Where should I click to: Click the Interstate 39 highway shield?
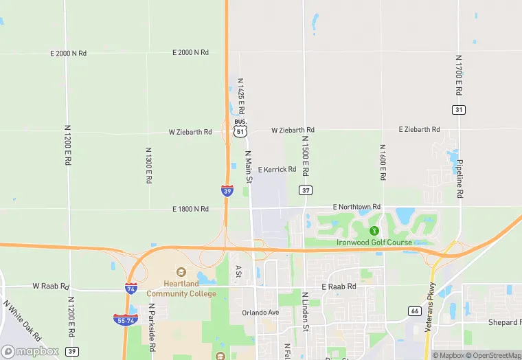tap(227, 190)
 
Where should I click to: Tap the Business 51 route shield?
tap(240, 128)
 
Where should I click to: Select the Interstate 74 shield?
tap(130, 289)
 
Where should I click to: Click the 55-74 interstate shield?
tap(126, 319)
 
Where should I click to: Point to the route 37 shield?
tap(306, 190)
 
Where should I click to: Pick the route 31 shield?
tap(459, 110)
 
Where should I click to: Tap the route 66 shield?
tap(414, 311)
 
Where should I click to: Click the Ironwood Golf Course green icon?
tap(374, 230)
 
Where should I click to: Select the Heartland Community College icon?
tap(181, 273)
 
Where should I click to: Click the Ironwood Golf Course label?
tap(374, 243)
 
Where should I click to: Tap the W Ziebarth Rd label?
tap(190, 132)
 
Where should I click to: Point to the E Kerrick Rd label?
tap(277, 169)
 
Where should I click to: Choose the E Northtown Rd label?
tap(356, 207)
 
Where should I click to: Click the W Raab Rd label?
tap(51, 286)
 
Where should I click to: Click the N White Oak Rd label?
tap(22, 321)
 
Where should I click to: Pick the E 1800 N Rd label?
tap(191, 209)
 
